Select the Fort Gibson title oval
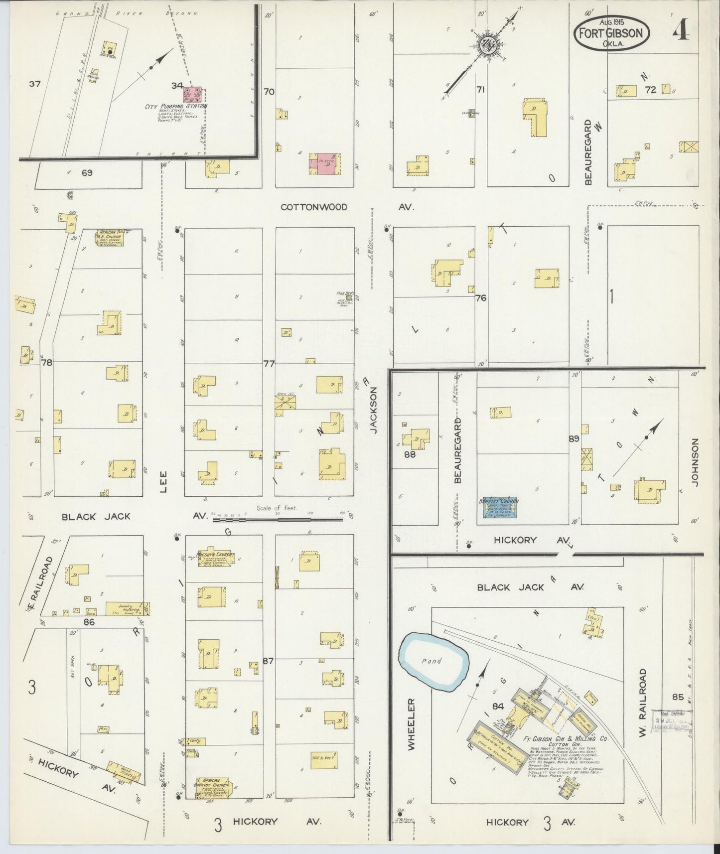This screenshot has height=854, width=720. (612, 33)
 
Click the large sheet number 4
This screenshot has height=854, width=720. (681, 31)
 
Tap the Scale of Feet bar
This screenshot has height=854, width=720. (278, 519)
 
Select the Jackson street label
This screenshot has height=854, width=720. (374, 410)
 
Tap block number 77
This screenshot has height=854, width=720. (269, 364)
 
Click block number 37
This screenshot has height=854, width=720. (34, 84)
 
